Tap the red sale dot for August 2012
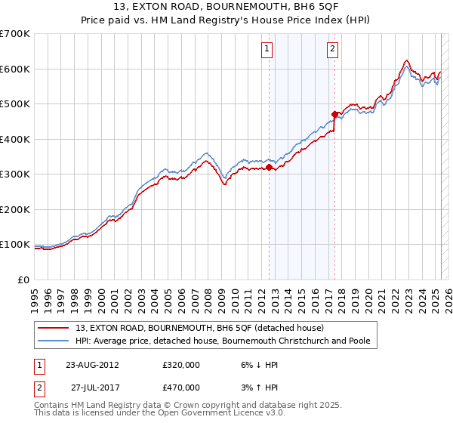click(x=269, y=168)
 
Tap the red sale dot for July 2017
click(x=334, y=115)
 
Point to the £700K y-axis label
click(x=15, y=34)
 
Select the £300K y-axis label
click(x=15, y=174)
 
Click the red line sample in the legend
click(x=55, y=328)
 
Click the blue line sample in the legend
click(x=55, y=341)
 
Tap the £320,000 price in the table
click(x=181, y=364)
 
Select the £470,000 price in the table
click(x=181, y=387)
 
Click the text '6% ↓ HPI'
click(x=259, y=364)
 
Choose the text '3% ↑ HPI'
click(x=259, y=387)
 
